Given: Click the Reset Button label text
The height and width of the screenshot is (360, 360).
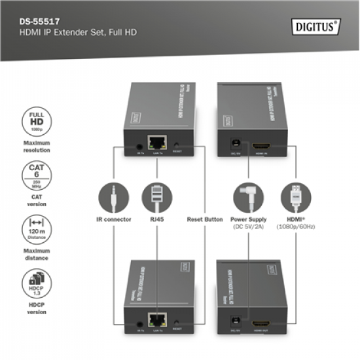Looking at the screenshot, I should (204, 219).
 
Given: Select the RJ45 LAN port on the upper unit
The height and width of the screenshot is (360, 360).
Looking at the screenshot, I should (158, 141).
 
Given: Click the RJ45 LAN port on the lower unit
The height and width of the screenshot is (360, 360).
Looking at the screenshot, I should (158, 321).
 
